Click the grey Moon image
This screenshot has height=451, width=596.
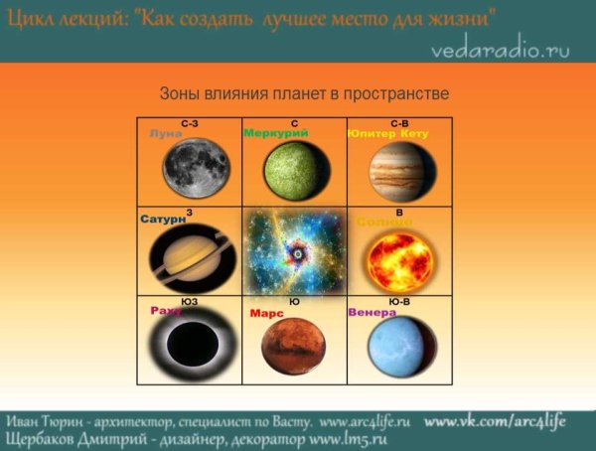[196, 168]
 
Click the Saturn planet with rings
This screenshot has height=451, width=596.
[190, 256]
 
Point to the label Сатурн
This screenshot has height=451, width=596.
[162, 219]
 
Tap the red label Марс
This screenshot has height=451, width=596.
[266, 313]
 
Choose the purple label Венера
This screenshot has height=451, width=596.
[372, 312]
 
